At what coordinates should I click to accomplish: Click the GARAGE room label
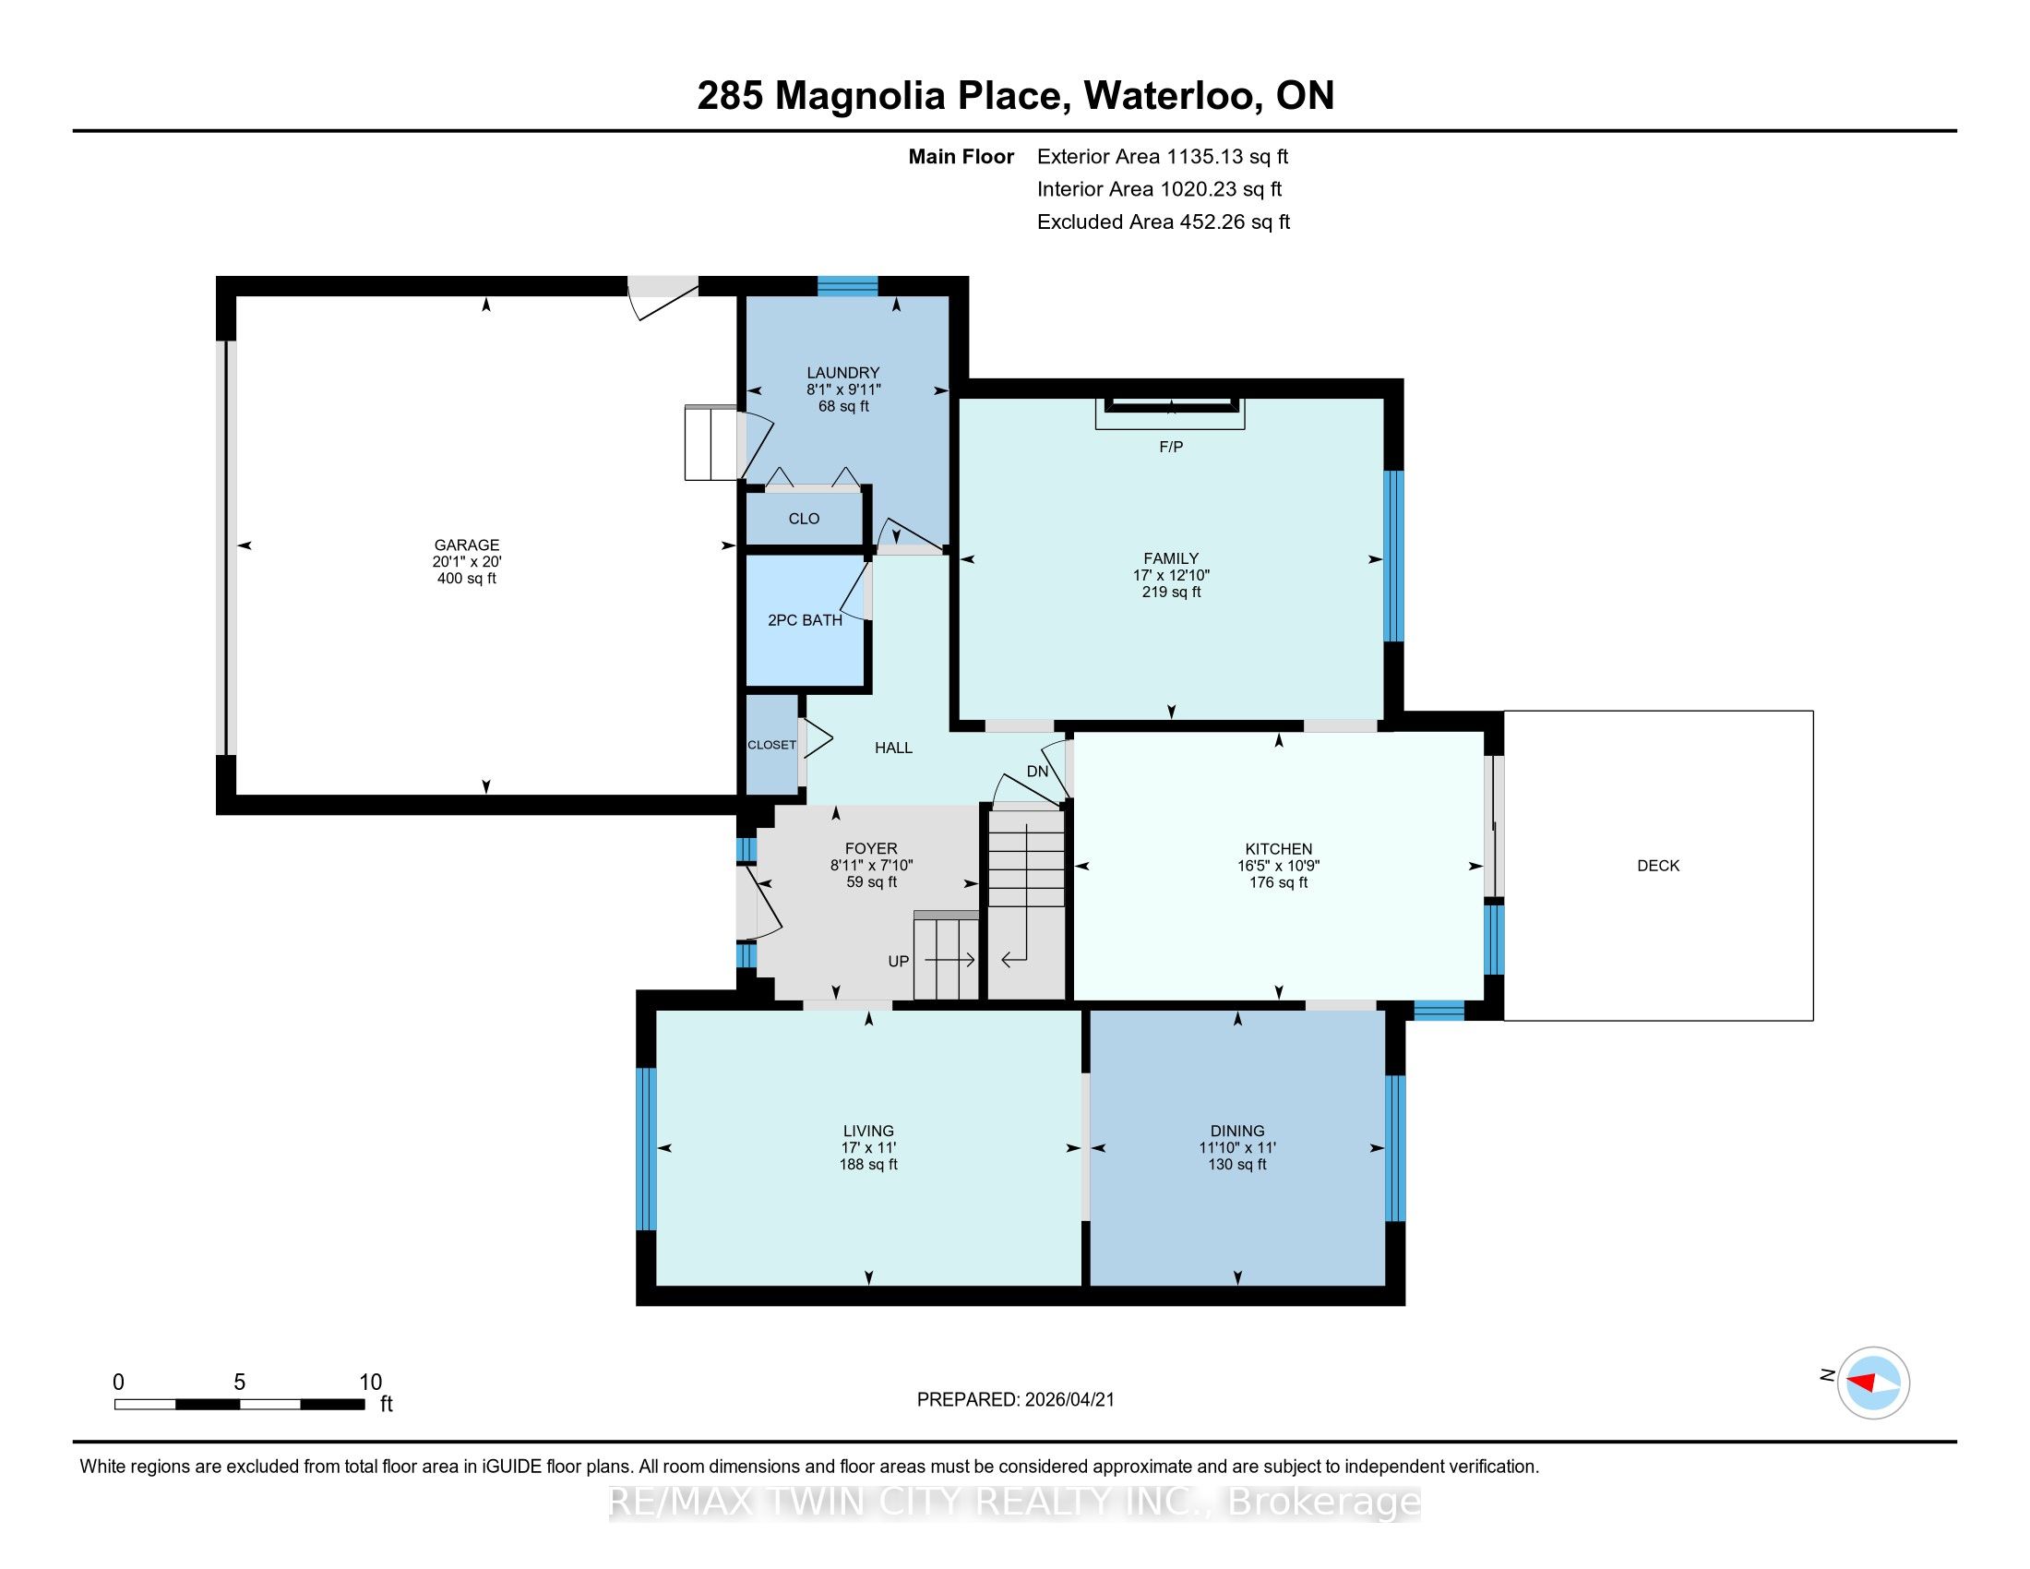point(467,545)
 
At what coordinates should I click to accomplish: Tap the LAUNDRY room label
point(843,373)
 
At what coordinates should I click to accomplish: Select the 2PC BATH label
point(805,620)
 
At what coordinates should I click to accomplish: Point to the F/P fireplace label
point(1171,447)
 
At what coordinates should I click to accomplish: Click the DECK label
point(1658,866)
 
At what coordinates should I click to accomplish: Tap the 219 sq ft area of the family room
point(1171,593)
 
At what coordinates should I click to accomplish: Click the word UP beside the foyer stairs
point(898,961)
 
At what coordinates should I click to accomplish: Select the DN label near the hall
point(1037,772)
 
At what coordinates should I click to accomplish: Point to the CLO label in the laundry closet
point(804,519)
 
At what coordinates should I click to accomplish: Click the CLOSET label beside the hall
point(771,745)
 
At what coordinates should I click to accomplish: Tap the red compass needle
point(1861,1383)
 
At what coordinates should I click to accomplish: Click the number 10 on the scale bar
point(370,1382)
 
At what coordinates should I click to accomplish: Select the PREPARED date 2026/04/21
point(1069,1399)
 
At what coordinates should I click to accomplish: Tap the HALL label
point(893,748)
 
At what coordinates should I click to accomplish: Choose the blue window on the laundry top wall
point(847,285)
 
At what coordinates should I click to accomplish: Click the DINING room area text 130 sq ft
point(1237,1164)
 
